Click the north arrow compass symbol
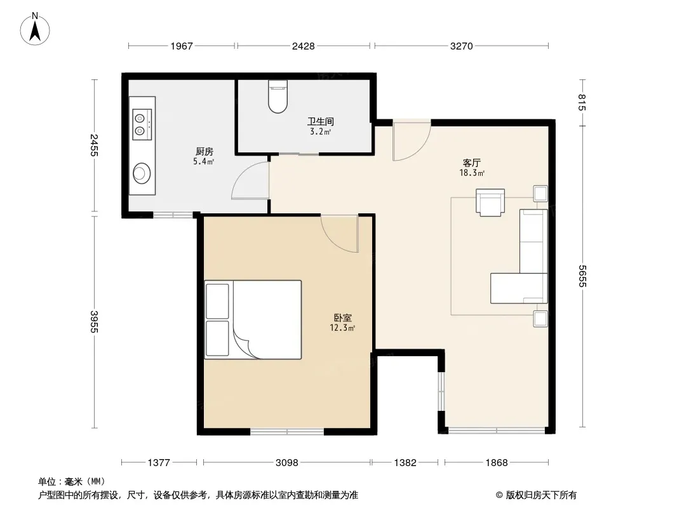pyautogui.click(x=35, y=29)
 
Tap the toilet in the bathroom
pyautogui.click(x=278, y=97)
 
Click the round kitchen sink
pyautogui.click(x=141, y=173)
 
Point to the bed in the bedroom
pyautogui.click(x=253, y=320)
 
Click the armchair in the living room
pyautogui.click(x=490, y=202)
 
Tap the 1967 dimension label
pyautogui.click(x=182, y=46)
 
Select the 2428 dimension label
pyautogui.click(x=303, y=46)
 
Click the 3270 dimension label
pyautogui.click(x=462, y=46)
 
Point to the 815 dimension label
pyautogui.click(x=582, y=102)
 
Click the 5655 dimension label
pyautogui.click(x=582, y=276)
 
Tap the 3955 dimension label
pyautogui.click(x=95, y=321)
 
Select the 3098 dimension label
pyautogui.click(x=286, y=463)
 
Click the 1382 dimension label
pyautogui.click(x=405, y=463)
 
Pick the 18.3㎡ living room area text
pyautogui.click(x=472, y=173)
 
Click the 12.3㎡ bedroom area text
pyautogui.click(x=342, y=328)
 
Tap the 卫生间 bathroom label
pyautogui.click(x=320, y=122)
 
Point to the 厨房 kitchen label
pyautogui.click(x=204, y=152)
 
